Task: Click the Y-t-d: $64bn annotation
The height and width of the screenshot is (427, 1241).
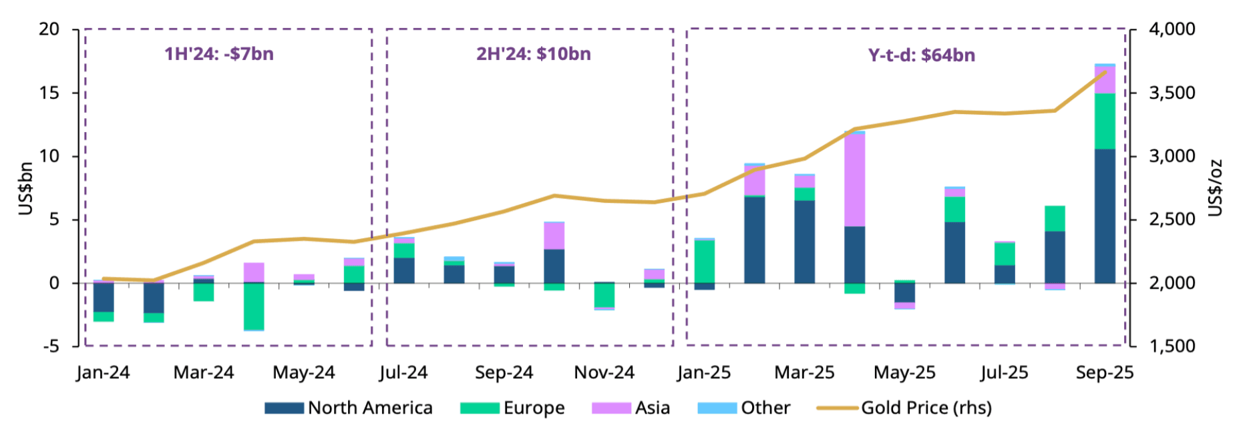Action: click(921, 55)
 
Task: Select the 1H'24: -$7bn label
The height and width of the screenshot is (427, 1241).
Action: click(219, 54)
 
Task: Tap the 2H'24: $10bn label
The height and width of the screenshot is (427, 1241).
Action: click(533, 54)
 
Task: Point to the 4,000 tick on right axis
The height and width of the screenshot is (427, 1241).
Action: click(1172, 29)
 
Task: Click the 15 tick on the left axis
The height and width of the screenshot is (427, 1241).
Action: click(49, 93)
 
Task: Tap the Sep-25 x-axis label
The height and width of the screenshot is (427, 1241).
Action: click(1104, 373)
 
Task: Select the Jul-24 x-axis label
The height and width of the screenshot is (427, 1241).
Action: click(403, 373)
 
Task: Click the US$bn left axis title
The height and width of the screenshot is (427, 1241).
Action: click(26, 188)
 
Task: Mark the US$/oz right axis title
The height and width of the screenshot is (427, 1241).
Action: click(1215, 188)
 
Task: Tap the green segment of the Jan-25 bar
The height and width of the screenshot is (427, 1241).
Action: click(704, 260)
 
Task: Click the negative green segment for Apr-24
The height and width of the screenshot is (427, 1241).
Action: click(254, 306)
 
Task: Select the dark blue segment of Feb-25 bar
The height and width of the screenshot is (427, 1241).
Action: click(754, 240)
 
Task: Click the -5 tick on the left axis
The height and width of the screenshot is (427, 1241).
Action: click(51, 347)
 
